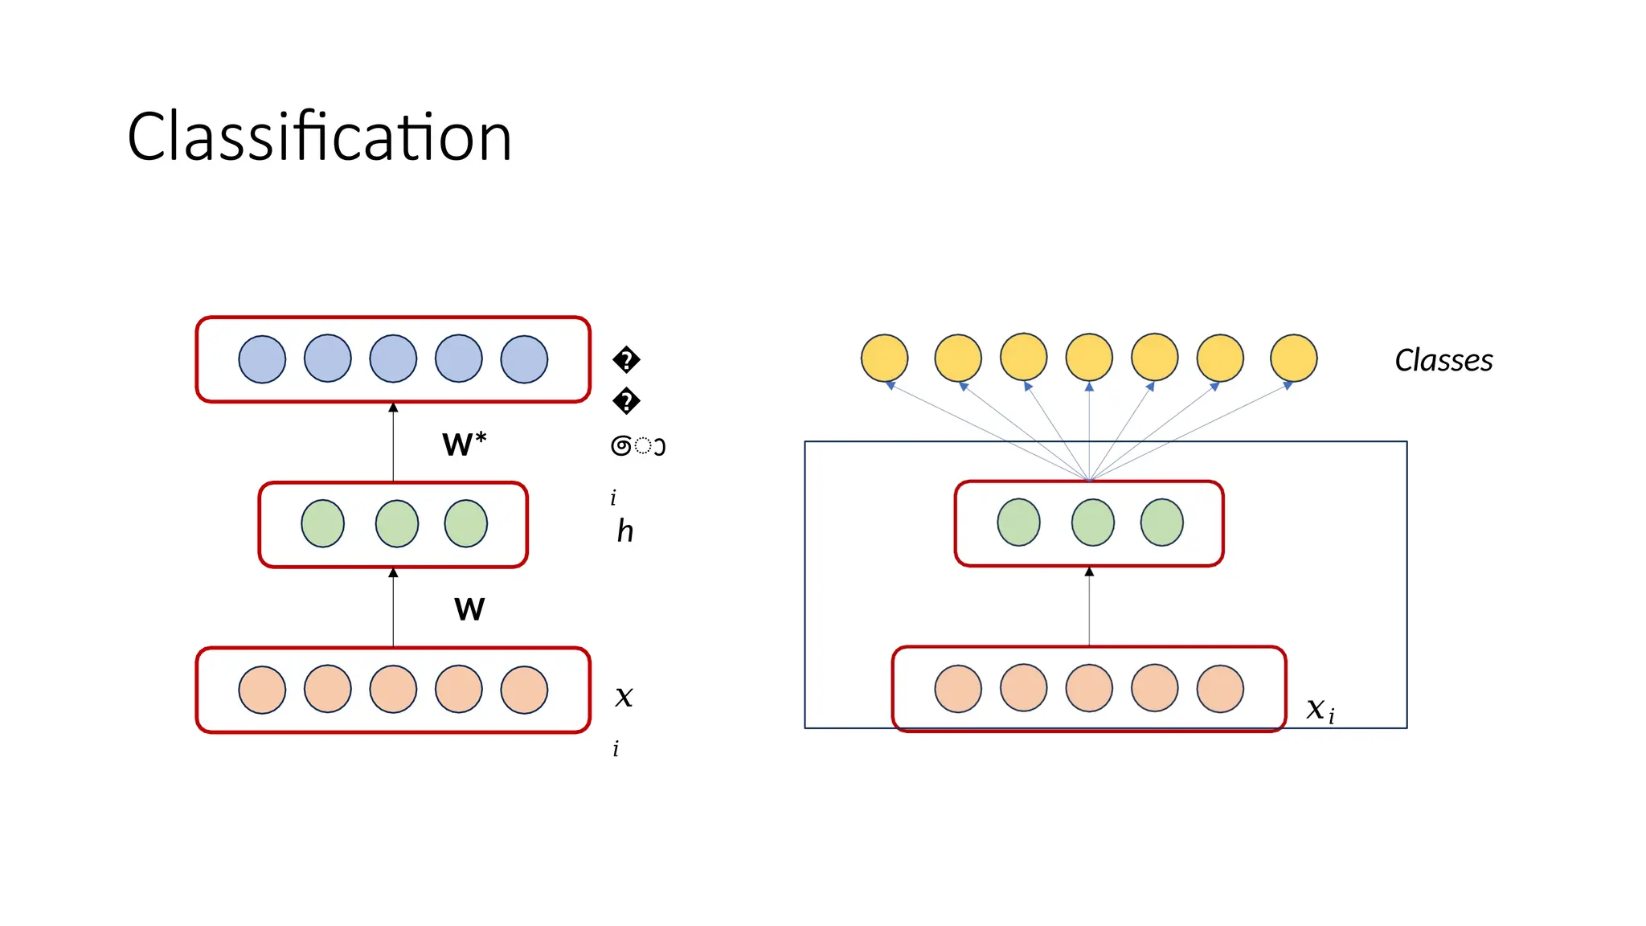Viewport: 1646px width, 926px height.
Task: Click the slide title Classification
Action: (x=319, y=137)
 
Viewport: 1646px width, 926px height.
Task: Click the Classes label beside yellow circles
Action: (x=1443, y=360)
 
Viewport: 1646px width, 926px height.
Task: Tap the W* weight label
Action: (x=464, y=444)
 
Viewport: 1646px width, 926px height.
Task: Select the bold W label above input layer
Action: (x=469, y=609)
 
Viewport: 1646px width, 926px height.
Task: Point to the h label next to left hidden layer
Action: (x=625, y=531)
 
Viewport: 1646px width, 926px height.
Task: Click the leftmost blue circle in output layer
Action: (x=262, y=359)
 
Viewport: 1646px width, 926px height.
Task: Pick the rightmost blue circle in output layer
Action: (x=524, y=359)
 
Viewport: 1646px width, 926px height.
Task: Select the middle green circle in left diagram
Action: (x=397, y=524)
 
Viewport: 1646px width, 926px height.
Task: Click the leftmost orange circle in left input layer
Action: (x=262, y=690)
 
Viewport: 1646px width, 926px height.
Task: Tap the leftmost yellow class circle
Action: (x=884, y=358)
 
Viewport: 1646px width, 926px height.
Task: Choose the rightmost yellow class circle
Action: (x=1293, y=358)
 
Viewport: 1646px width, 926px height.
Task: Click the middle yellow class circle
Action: (x=1089, y=358)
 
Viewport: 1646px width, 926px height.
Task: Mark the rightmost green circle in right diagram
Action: (x=1161, y=522)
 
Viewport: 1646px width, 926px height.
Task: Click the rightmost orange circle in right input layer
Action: (x=1220, y=689)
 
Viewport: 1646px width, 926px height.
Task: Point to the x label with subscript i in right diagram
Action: (x=1319, y=709)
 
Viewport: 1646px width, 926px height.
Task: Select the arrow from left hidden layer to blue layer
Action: (x=393, y=443)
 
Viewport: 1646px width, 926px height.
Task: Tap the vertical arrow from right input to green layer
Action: (x=1089, y=607)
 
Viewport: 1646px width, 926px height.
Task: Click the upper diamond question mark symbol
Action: (x=626, y=359)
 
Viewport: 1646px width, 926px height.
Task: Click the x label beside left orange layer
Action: (x=624, y=696)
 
